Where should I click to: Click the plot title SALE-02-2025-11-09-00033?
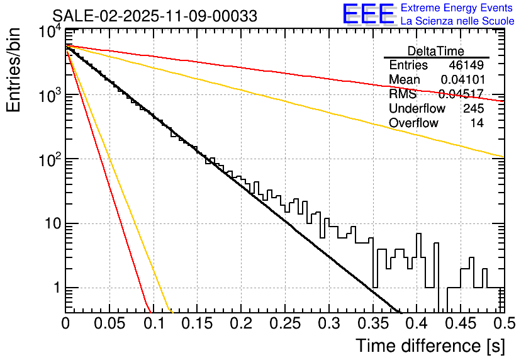click(x=155, y=16)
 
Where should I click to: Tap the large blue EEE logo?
click(x=368, y=14)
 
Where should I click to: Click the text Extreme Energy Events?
click(x=457, y=8)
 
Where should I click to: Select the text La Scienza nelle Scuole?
click(x=457, y=21)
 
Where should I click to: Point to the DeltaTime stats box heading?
click(x=436, y=51)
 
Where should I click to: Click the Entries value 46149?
click(x=466, y=65)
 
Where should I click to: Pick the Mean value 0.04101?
click(x=462, y=80)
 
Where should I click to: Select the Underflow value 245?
click(x=473, y=109)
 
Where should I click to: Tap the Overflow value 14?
click(x=477, y=123)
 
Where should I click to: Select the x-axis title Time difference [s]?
click(x=429, y=346)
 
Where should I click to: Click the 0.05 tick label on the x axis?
click(x=109, y=324)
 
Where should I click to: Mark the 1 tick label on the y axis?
click(x=54, y=288)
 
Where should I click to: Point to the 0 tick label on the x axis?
click(x=65, y=324)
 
